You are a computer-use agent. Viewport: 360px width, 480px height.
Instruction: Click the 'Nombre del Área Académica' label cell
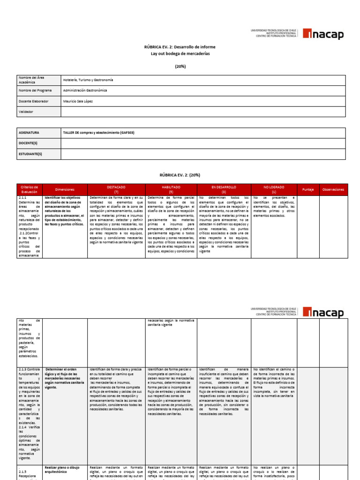38,80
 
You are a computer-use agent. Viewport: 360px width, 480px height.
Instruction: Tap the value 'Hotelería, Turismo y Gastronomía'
88,80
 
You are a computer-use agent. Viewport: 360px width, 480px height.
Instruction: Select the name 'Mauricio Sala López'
78,101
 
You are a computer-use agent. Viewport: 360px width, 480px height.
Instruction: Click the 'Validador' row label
26,112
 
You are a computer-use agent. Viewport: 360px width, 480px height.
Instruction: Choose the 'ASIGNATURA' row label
29,133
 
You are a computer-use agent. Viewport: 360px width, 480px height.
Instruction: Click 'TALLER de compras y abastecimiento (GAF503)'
98,133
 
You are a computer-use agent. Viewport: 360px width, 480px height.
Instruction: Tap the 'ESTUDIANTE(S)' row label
30,154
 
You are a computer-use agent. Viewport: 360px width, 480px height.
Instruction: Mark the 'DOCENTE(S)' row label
29,143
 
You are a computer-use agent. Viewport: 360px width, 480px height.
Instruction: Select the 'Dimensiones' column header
65,189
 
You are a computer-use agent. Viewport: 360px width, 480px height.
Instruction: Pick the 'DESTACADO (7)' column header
116,189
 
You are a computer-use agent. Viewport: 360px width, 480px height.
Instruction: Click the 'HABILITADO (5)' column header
171,189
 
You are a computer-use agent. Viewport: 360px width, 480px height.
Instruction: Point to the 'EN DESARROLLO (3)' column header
224,189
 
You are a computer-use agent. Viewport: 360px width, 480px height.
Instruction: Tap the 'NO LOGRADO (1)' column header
274,189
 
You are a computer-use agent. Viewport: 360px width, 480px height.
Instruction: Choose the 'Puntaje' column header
308,189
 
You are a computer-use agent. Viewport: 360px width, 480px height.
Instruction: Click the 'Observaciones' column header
333,189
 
